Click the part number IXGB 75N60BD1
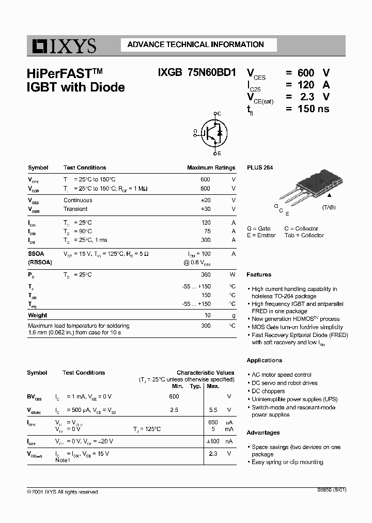[x=197, y=73]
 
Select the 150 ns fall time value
[x=308, y=109]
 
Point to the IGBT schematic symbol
[x=211, y=133]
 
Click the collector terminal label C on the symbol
[x=219, y=113]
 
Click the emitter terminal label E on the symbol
[x=219, y=153]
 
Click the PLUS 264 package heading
[x=260, y=167]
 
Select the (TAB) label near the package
[x=329, y=207]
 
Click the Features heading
[x=259, y=274]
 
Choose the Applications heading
[x=265, y=360]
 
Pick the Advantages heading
[x=263, y=433]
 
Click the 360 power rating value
[x=206, y=274]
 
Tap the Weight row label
[x=37, y=315]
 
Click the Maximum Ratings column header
[x=211, y=167]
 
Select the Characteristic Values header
[x=205, y=373]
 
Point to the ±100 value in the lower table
[x=212, y=441]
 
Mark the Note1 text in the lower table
[x=63, y=460]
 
